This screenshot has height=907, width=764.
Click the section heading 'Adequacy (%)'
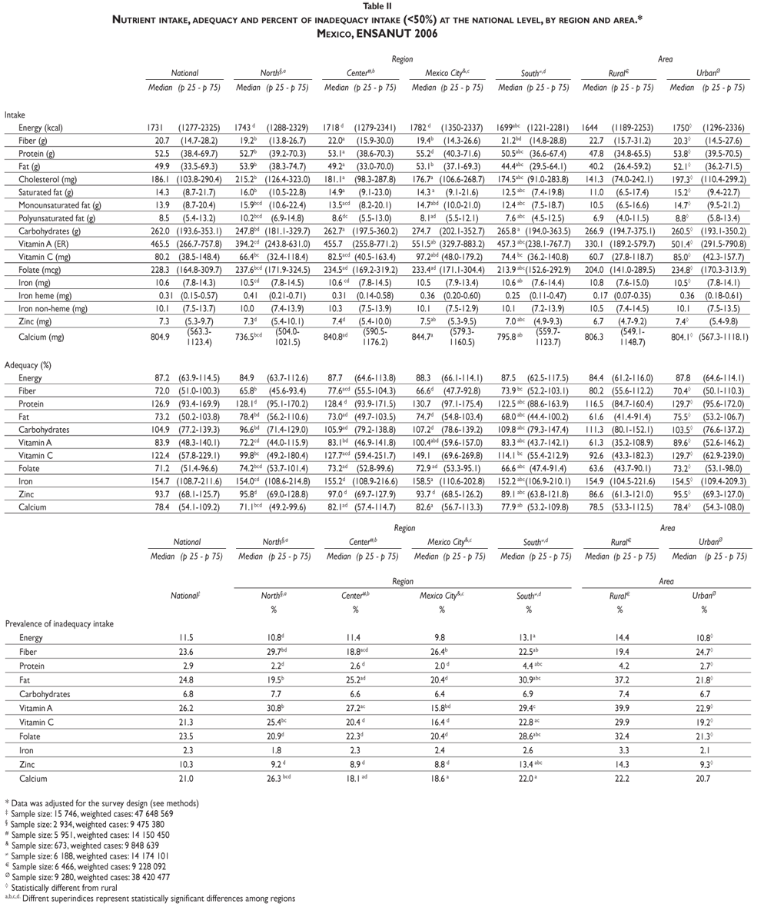tap(28, 361)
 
